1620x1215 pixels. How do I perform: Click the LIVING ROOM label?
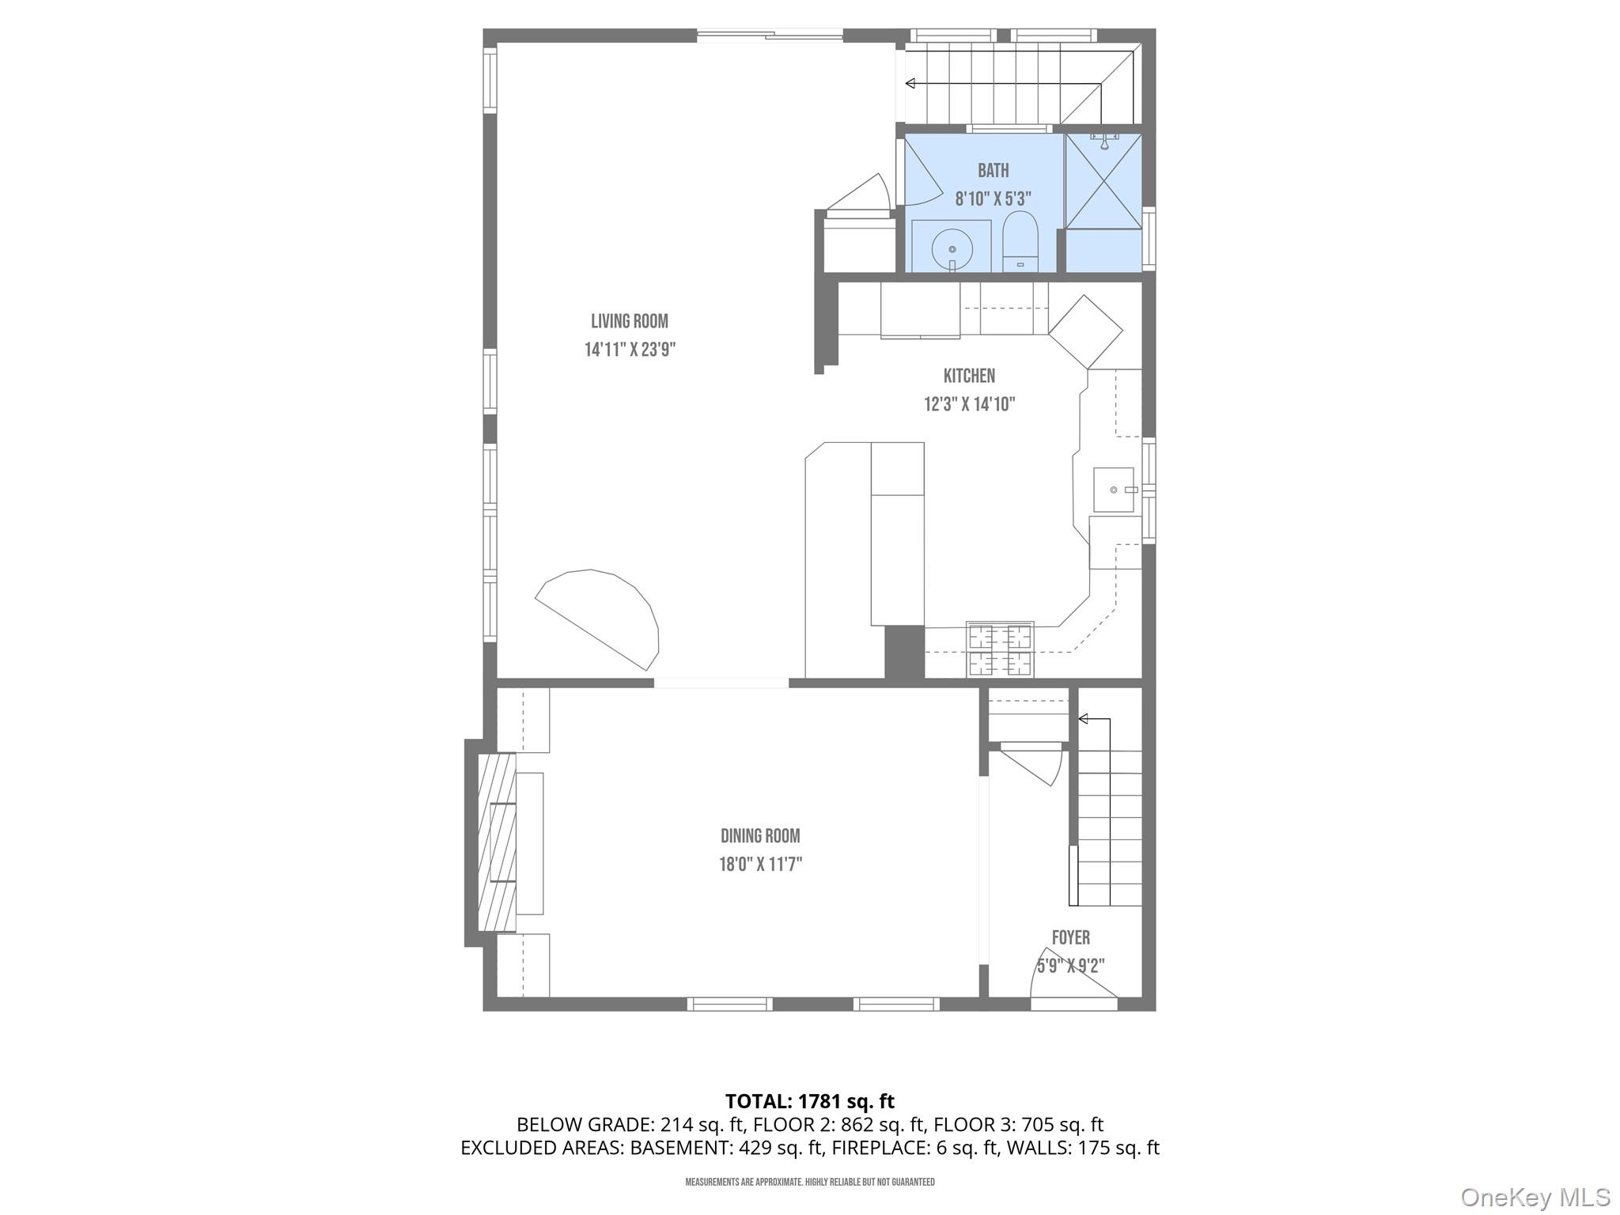coord(630,321)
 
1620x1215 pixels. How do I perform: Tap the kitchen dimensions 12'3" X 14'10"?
coord(969,404)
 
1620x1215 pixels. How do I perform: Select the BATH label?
coord(993,170)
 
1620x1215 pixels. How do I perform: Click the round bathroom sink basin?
coord(952,248)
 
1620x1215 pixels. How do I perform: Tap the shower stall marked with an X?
coord(1103,182)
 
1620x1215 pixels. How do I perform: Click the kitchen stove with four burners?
coord(1000,649)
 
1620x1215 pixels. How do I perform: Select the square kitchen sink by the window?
coord(1114,490)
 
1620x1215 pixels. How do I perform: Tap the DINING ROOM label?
coord(760,836)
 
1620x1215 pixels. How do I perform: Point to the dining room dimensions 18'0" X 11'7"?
coord(760,864)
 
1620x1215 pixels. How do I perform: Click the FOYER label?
coord(1070,938)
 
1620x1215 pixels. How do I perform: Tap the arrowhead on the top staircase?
coord(910,83)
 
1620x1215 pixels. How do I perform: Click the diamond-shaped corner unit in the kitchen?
coord(1085,331)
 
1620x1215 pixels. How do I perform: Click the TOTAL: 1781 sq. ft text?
coord(809,1101)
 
